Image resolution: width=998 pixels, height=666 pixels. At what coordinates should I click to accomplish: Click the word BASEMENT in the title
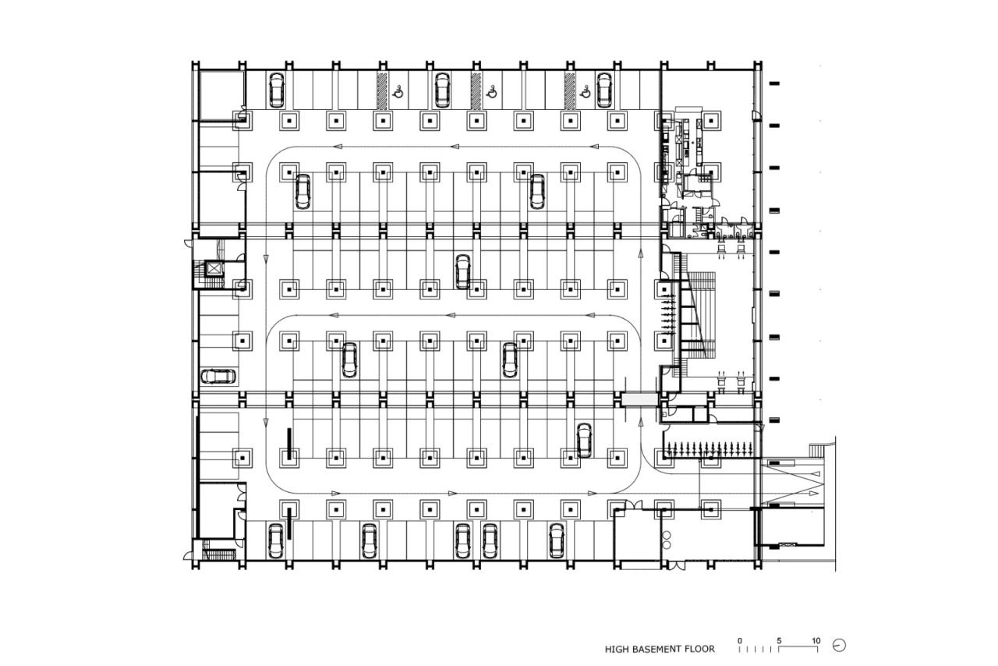point(654,649)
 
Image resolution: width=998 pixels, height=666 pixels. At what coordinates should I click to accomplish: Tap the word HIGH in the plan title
point(615,649)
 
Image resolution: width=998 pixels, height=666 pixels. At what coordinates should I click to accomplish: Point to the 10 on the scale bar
point(816,641)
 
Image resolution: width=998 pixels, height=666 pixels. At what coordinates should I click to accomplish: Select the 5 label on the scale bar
point(778,641)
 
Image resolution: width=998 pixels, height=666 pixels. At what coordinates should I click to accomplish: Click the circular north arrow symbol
point(839,646)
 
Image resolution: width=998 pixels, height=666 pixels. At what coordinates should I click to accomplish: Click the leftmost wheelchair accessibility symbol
point(398,91)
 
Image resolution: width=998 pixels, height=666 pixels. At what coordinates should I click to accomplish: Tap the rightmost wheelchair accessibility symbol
point(586,91)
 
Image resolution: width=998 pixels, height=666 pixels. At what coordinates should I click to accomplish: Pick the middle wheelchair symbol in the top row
point(492,91)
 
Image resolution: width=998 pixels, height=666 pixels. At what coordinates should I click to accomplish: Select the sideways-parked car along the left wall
point(219,377)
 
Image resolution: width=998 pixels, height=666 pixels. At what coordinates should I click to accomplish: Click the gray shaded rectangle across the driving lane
point(639,399)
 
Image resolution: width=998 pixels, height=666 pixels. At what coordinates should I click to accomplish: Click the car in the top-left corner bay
point(276,90)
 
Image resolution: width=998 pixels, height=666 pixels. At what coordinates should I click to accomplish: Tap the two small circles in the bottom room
point(667,540)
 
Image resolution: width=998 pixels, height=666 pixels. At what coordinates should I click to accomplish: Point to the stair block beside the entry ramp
point(816,450)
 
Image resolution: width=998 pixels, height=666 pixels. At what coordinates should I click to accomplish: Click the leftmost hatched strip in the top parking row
point(383,90)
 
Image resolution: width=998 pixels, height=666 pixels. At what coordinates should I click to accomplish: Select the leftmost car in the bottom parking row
point(275,540)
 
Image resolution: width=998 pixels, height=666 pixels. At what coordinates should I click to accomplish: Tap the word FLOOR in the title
point(699,649)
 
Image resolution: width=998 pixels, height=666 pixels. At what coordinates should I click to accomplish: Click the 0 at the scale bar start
point(740,641)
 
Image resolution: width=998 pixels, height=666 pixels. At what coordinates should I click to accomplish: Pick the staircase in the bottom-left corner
point(219,554)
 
